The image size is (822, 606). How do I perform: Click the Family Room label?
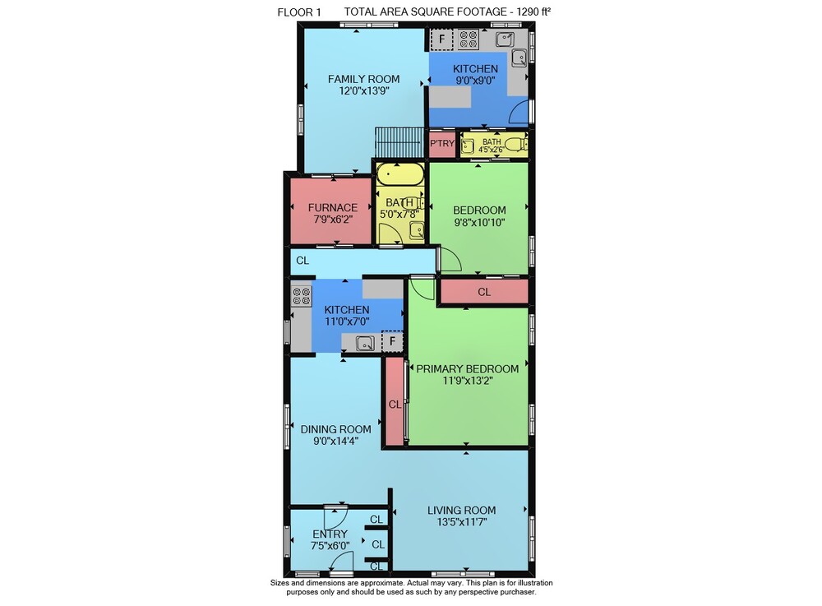[363, 79]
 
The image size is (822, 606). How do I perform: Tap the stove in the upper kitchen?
[469, 39]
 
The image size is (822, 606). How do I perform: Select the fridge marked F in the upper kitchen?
[441, 39]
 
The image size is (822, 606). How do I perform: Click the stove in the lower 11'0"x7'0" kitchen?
[302, 296]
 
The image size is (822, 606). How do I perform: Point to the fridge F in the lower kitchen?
[392, 342]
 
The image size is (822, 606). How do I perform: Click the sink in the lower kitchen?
[365, 344]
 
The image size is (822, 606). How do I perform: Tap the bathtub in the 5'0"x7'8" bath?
[400, 174]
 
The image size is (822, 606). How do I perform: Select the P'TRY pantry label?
[442, 143]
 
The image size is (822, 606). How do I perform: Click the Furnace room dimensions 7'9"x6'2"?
[332, 219]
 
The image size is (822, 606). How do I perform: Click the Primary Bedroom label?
[467, 368]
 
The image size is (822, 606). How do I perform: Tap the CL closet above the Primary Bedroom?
[484, 292]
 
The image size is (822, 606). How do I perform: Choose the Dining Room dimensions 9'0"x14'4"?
[335, 441]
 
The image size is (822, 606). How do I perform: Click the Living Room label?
[461, 510]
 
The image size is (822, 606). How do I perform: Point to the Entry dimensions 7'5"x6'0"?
[330, 546]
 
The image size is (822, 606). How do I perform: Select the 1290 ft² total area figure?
[533, 12]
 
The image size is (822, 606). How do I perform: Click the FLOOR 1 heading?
[299, 12]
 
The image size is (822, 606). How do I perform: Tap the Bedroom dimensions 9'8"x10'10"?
[479, 222]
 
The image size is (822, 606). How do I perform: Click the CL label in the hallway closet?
[302, 261]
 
